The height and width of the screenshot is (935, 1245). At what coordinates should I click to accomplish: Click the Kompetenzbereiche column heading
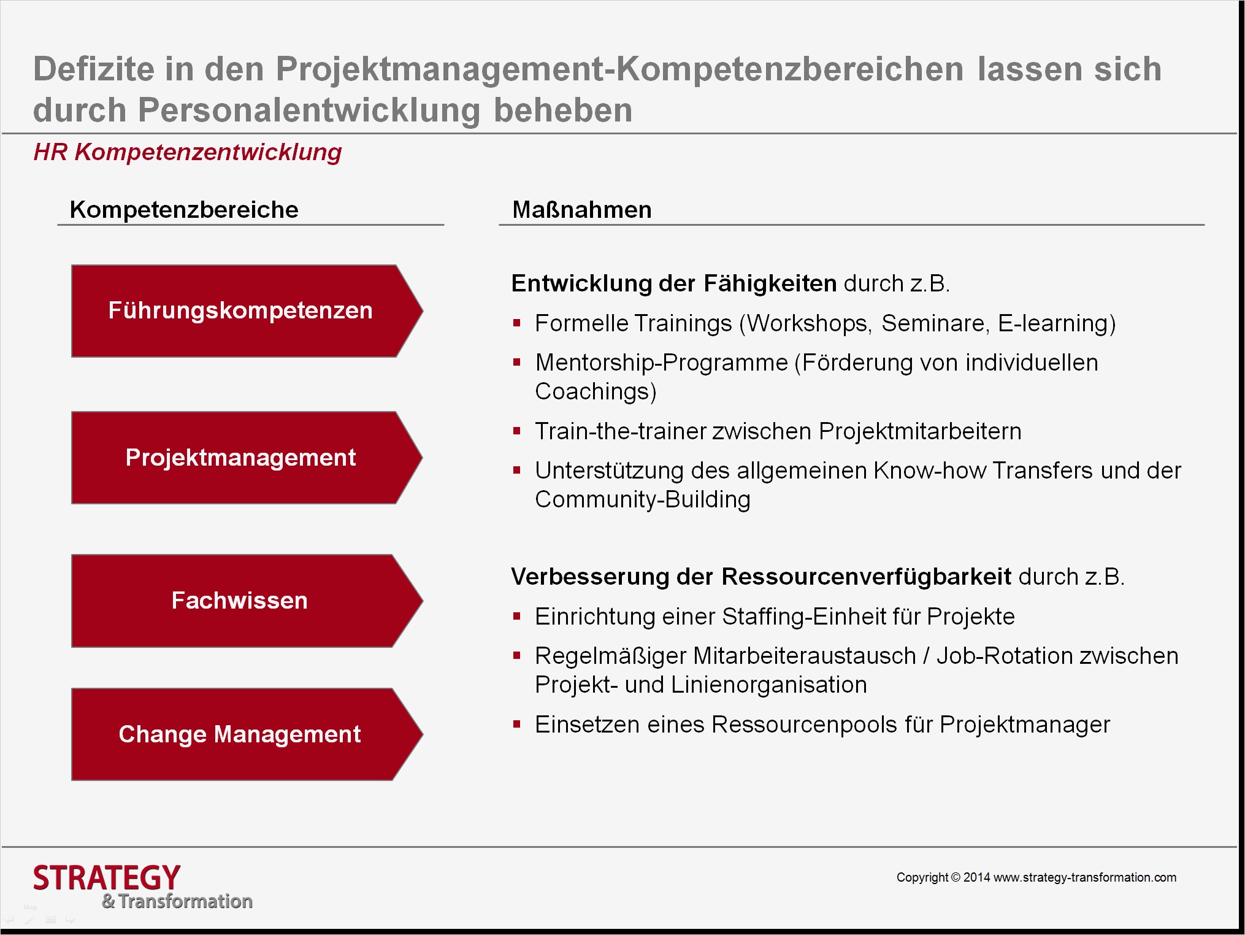pos(184,210)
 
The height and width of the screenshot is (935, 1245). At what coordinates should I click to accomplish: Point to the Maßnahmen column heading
pos(582,210)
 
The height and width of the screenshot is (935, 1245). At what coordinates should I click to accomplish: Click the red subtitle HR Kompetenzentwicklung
pos(188,152)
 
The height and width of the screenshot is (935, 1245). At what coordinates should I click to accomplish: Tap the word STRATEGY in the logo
pos(107,878)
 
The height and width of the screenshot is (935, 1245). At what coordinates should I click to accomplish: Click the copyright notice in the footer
pos(1036,877)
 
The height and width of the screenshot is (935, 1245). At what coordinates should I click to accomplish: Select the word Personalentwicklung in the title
pos(309,110)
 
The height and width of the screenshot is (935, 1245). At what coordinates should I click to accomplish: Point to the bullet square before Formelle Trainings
pos(517,323)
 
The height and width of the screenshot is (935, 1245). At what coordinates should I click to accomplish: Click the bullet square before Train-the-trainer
pos(517,431)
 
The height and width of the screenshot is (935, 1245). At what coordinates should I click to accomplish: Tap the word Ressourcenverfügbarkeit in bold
pos(866,577)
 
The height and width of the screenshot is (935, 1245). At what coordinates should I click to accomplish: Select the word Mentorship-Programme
pos(661,363)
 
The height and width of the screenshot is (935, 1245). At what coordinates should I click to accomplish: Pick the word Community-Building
pos(643,499)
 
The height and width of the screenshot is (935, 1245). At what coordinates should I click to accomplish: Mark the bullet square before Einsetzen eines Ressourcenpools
pos(517,725)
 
